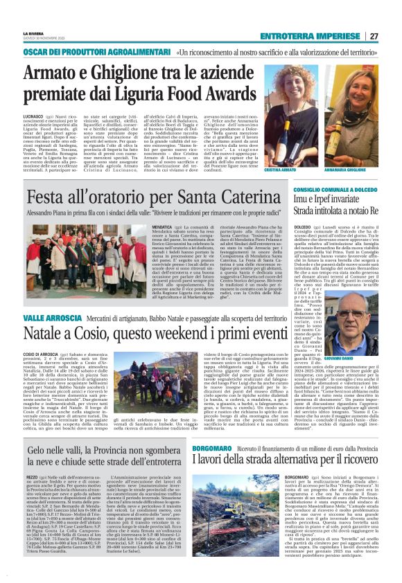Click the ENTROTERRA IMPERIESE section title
click(320, 36)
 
